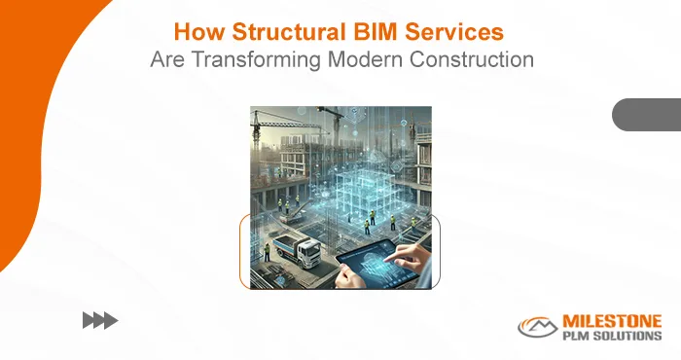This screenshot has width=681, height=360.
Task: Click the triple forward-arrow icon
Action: pos(99,319)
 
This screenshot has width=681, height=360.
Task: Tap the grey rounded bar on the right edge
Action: pos(646,115)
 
